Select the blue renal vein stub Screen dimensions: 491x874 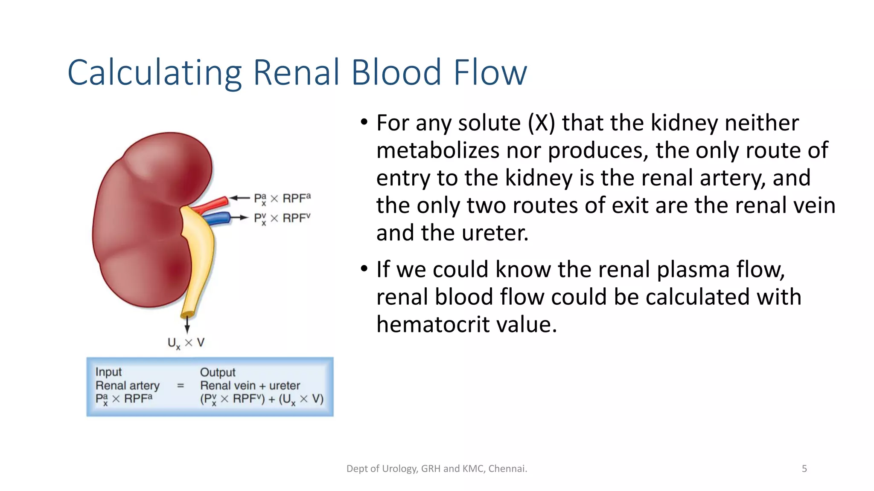pyautogui.click(x=218, y=219)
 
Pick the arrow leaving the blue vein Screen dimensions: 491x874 pyautogui.click(x=239, y=218)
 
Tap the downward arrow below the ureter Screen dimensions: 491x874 pyautogui.click(x=187, y=326)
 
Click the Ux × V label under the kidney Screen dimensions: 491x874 pyautogui.click(x=186, y=343)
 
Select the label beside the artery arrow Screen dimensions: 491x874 pyautogui.click(x=282, y=199)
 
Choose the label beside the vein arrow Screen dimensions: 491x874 pyautogui.click(x=282, y=218)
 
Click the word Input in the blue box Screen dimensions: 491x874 pyautogui.click(x=108, y=372)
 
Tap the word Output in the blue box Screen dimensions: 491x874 pyautogui.click(x=218, y=373)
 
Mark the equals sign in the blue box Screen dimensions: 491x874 pyautogui.click(x=180, y=386)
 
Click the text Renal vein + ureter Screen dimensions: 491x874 pyautogui.click(x=250, y=386)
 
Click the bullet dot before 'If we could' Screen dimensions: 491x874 pyautogui.click(x=364, y=269)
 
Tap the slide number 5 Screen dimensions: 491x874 pyautogui.click(x=804, y=469)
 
